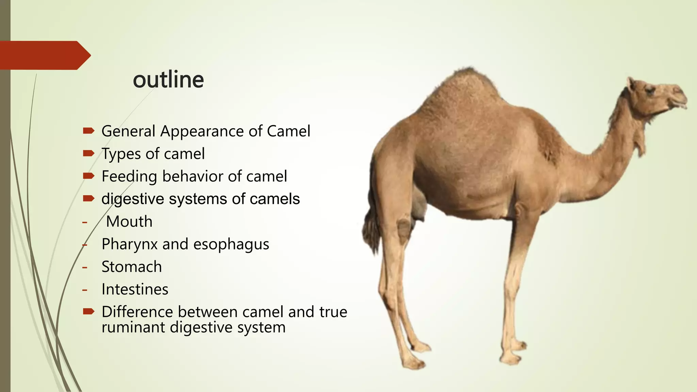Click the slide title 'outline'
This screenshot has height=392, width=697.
tap(168, 80)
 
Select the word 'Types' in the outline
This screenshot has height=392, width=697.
tap(121, 154)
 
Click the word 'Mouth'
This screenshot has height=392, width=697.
tap(129, 222)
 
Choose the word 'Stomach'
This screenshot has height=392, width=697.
tap(131, 267)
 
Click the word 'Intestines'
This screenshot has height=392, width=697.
tap(135, 290)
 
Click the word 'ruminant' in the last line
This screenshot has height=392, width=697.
tap(133, 328)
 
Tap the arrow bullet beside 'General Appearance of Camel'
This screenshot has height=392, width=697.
tap(88, 131)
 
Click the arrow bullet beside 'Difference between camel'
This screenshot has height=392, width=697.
tap(88, 311)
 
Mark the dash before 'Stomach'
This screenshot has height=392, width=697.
tap(85, 267)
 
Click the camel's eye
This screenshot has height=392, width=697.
tap(649, 90)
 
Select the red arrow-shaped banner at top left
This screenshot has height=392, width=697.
tap(44, 55)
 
